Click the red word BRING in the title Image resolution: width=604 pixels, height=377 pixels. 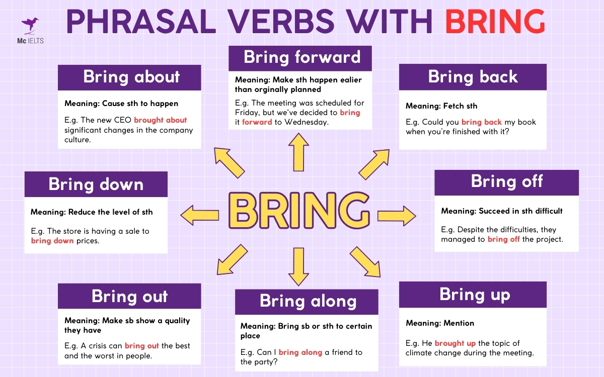pos(495,22)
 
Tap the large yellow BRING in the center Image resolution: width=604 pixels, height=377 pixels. pos(298,211)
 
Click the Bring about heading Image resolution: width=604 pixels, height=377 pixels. pos(131,77)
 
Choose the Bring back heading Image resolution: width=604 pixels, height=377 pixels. pos(473,77)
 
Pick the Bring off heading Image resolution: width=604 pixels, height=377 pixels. pos(506,181)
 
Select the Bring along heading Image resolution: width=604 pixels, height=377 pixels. pos(308,301)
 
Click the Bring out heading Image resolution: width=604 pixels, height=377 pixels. pos(129,296)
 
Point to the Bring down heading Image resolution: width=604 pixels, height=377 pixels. pos(96,184)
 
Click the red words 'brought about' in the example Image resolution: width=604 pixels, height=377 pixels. pos(160,120)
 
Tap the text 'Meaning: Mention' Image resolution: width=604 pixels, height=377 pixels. pos(440,323)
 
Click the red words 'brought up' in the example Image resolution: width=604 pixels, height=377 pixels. pos(455,343)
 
